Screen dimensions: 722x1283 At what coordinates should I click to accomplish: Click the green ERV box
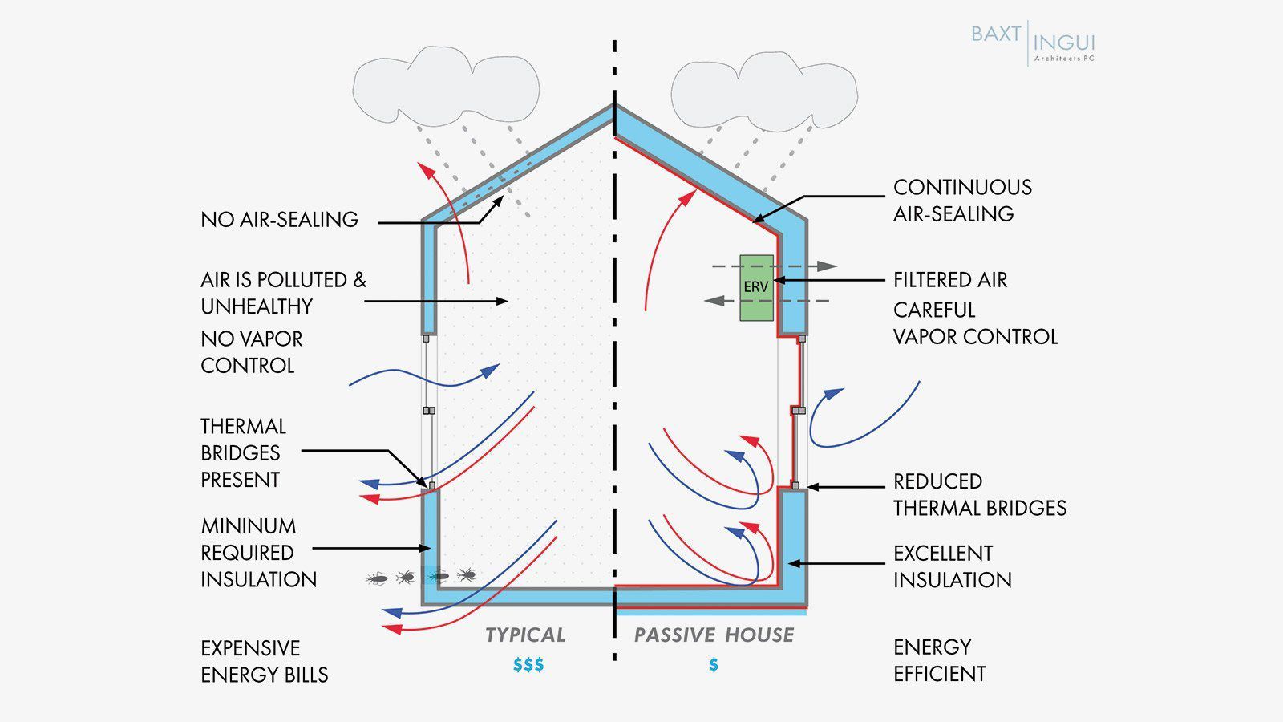pos(756,287)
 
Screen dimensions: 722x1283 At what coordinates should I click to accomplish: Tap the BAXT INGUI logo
pos(1032,43)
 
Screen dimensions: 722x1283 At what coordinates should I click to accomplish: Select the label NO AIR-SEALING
pos(279,220)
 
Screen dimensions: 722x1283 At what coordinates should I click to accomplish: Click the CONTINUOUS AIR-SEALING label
pos(962,201)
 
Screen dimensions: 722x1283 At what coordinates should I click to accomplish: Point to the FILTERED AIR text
pos(950,280)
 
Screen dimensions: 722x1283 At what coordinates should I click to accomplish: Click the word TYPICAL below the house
pos(525,635)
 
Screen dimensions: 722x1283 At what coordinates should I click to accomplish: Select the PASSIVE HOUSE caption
pos(714,635)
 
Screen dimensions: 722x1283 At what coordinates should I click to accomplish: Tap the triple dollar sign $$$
pos(528,665)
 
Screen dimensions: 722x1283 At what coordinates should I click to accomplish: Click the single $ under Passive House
pos(714,665)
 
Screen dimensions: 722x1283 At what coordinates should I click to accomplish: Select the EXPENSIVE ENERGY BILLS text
pos(264,661)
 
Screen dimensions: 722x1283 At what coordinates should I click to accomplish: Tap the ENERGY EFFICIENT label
pos(939,660)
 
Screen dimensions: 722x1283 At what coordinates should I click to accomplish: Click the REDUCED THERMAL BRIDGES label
pos(980,494)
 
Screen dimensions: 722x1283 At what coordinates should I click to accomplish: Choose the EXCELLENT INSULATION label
pos(952,566)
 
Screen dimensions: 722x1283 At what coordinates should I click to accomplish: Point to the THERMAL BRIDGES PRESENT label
pos(242,452)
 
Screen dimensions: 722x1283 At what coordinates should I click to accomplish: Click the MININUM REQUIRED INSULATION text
pos(258,553)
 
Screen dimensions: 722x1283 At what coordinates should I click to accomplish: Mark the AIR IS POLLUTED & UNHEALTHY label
pos(283,293)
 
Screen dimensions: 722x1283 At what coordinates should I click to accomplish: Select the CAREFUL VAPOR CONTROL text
pos(975,323)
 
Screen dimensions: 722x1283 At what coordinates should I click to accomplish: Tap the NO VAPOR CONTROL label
pos(251,352)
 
